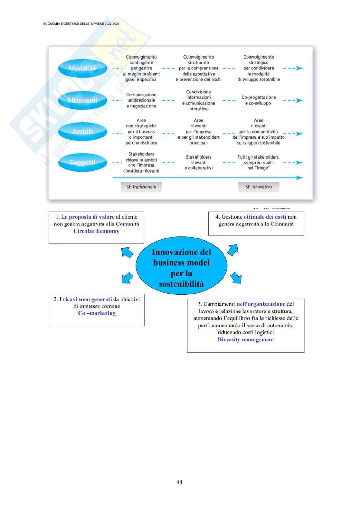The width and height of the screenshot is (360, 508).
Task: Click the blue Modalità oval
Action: (82, 68)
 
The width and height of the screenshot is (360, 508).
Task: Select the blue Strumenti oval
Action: (82, 100)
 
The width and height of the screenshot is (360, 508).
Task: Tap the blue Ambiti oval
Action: (82, 131)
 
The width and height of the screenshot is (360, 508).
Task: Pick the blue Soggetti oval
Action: (82, 162)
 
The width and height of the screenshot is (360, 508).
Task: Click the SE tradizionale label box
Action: (141, 187)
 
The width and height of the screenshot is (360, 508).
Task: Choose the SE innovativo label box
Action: (258, 187)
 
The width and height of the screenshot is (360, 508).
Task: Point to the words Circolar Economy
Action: (96, 231)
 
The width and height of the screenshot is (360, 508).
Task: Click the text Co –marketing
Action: (97, 313)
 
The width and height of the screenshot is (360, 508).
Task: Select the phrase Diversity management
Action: (246, 339)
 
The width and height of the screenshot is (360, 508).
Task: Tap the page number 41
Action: (180, 482)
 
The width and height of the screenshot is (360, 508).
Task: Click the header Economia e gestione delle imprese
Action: (81, 24)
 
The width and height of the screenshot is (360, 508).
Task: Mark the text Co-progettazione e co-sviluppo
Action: (259, 100)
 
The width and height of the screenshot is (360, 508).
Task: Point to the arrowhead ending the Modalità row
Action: (299, 68)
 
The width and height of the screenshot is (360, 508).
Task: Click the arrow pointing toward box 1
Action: (128, 252)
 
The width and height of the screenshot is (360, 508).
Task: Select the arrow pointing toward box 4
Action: (233, 250)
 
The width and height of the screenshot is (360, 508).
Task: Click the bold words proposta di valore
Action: (92, 217)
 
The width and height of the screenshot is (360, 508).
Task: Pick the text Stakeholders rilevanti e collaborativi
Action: (198, 162)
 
